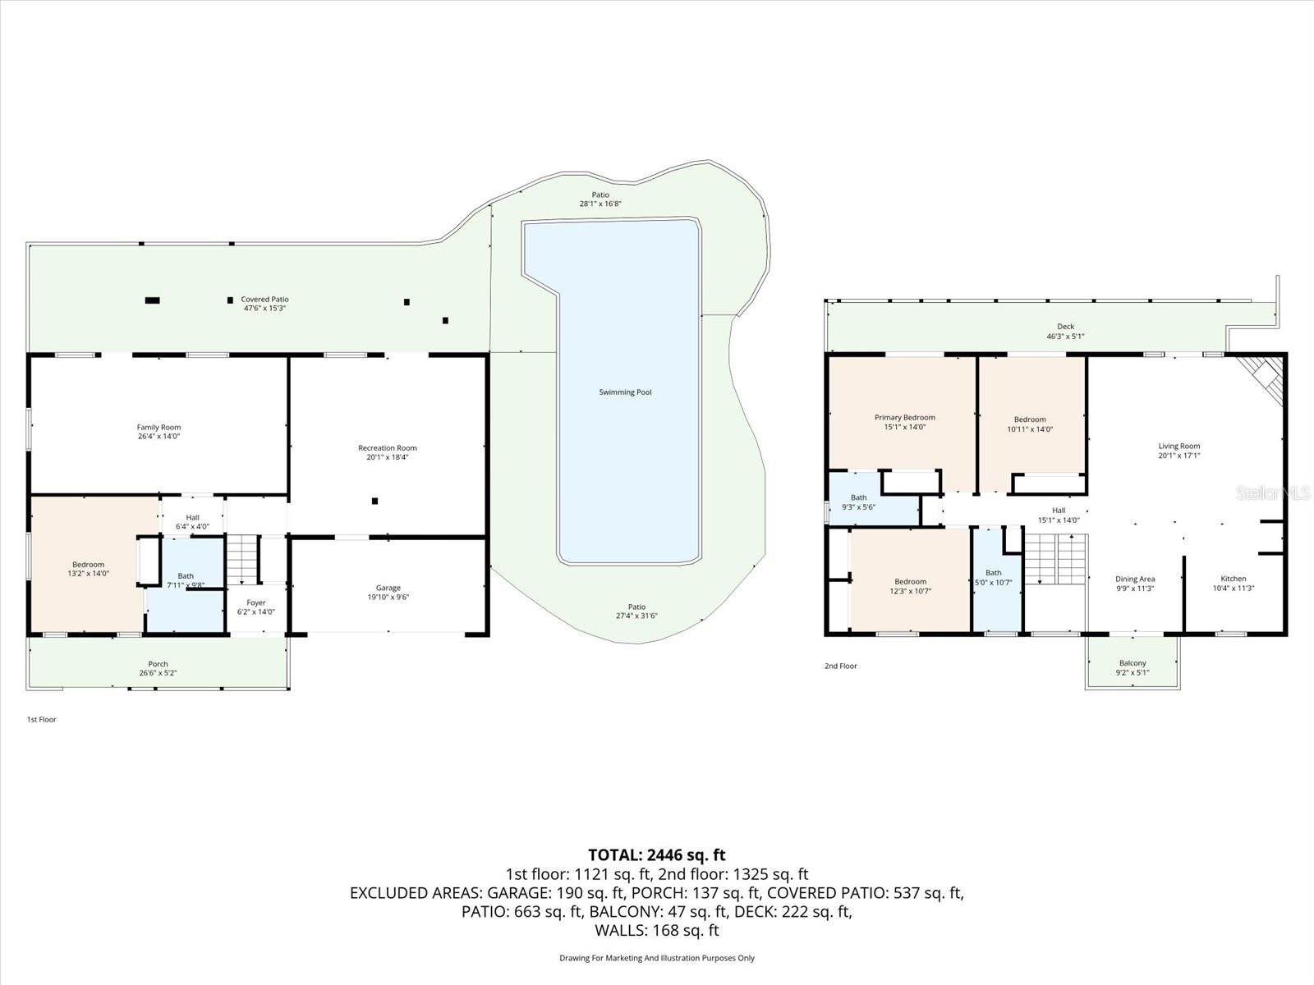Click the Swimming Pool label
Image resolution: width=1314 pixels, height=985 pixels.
(x=625, y=392)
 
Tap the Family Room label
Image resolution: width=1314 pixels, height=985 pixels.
(x=159, y=427)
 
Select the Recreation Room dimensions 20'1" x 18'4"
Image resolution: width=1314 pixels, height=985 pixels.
(x=388, y=457)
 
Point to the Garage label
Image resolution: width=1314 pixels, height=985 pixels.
(x=388, y=588)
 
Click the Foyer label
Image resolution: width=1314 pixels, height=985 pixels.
(x=255, y=602)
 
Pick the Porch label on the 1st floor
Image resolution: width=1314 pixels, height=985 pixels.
(x=158, y=664)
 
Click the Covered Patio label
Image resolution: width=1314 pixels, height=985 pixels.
(x=264, y=299)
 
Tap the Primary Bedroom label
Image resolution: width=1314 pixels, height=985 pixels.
(x=904, y=418)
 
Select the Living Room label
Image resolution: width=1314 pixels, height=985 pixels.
(x=1178, y=447)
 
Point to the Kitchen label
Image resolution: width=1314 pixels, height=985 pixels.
(x=1234, y=579)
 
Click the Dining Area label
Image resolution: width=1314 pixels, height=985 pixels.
(x=1135, y=579)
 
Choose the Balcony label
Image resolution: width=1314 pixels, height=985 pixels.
(x=1133, y=663)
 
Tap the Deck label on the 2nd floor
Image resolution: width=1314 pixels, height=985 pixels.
(x=1065, y=327)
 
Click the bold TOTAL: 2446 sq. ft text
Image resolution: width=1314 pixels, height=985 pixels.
(x=657, y=854)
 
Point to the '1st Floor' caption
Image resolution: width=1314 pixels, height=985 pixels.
(x=41, y=720)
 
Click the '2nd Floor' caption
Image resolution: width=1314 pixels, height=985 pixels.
(x=840, y=666)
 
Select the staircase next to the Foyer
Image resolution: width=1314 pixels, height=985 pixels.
(x=242, y=559)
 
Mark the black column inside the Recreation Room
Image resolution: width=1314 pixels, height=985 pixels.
(x=374, y=502)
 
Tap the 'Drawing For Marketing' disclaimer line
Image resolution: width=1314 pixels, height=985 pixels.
(x=657, y=958)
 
